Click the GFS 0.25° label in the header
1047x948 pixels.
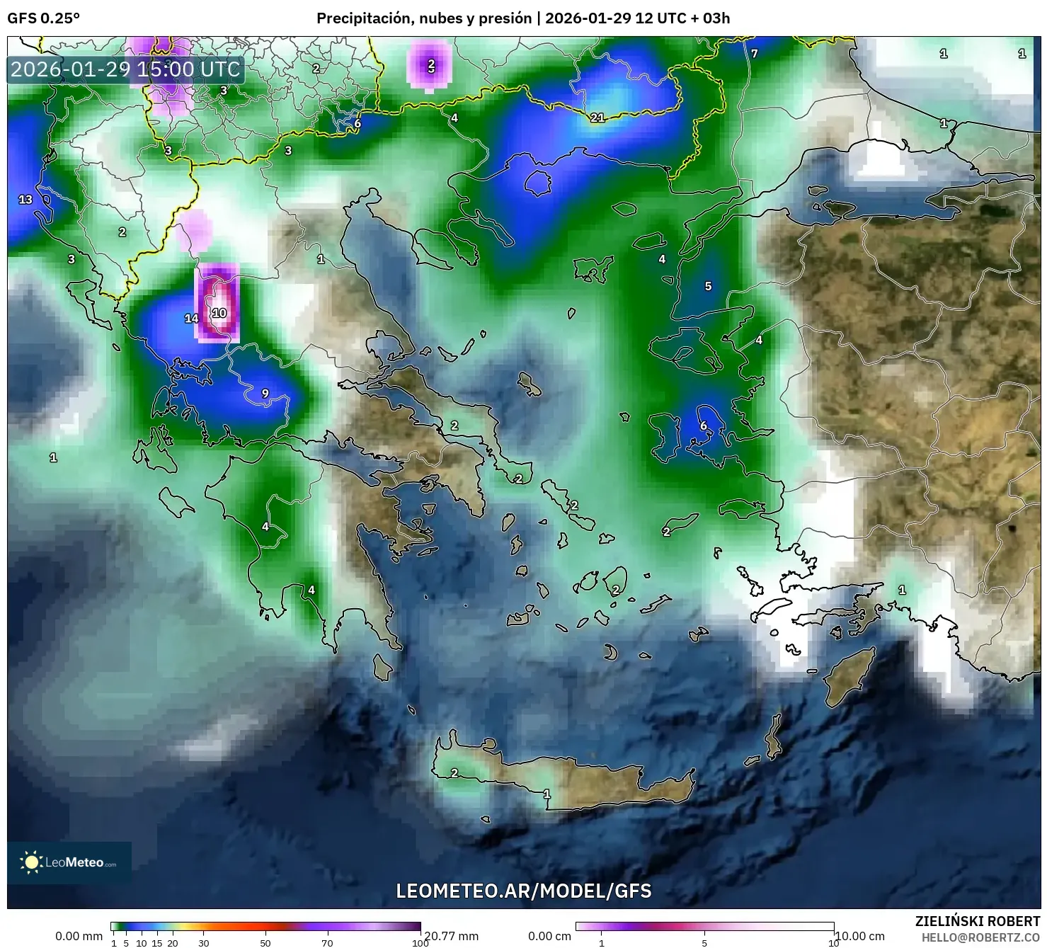43,18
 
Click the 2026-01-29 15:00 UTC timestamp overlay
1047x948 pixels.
126,69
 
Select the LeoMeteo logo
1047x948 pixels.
69,862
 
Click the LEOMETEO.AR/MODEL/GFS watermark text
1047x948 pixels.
523,891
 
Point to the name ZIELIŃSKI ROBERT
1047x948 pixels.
977,921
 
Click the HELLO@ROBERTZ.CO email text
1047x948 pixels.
980,937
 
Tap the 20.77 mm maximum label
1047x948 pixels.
452,936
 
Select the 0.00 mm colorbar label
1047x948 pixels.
79,936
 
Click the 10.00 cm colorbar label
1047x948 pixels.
860,936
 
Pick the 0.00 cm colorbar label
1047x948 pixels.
549,936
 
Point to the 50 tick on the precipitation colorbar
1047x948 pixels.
265,942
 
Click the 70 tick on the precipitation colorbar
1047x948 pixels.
327,942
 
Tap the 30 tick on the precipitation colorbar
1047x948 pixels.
204,942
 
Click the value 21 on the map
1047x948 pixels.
597,118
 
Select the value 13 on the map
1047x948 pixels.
25,200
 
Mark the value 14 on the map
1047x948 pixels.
191,319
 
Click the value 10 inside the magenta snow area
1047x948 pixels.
219,313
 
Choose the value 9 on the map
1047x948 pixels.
265,394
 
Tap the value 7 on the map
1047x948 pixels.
755,54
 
